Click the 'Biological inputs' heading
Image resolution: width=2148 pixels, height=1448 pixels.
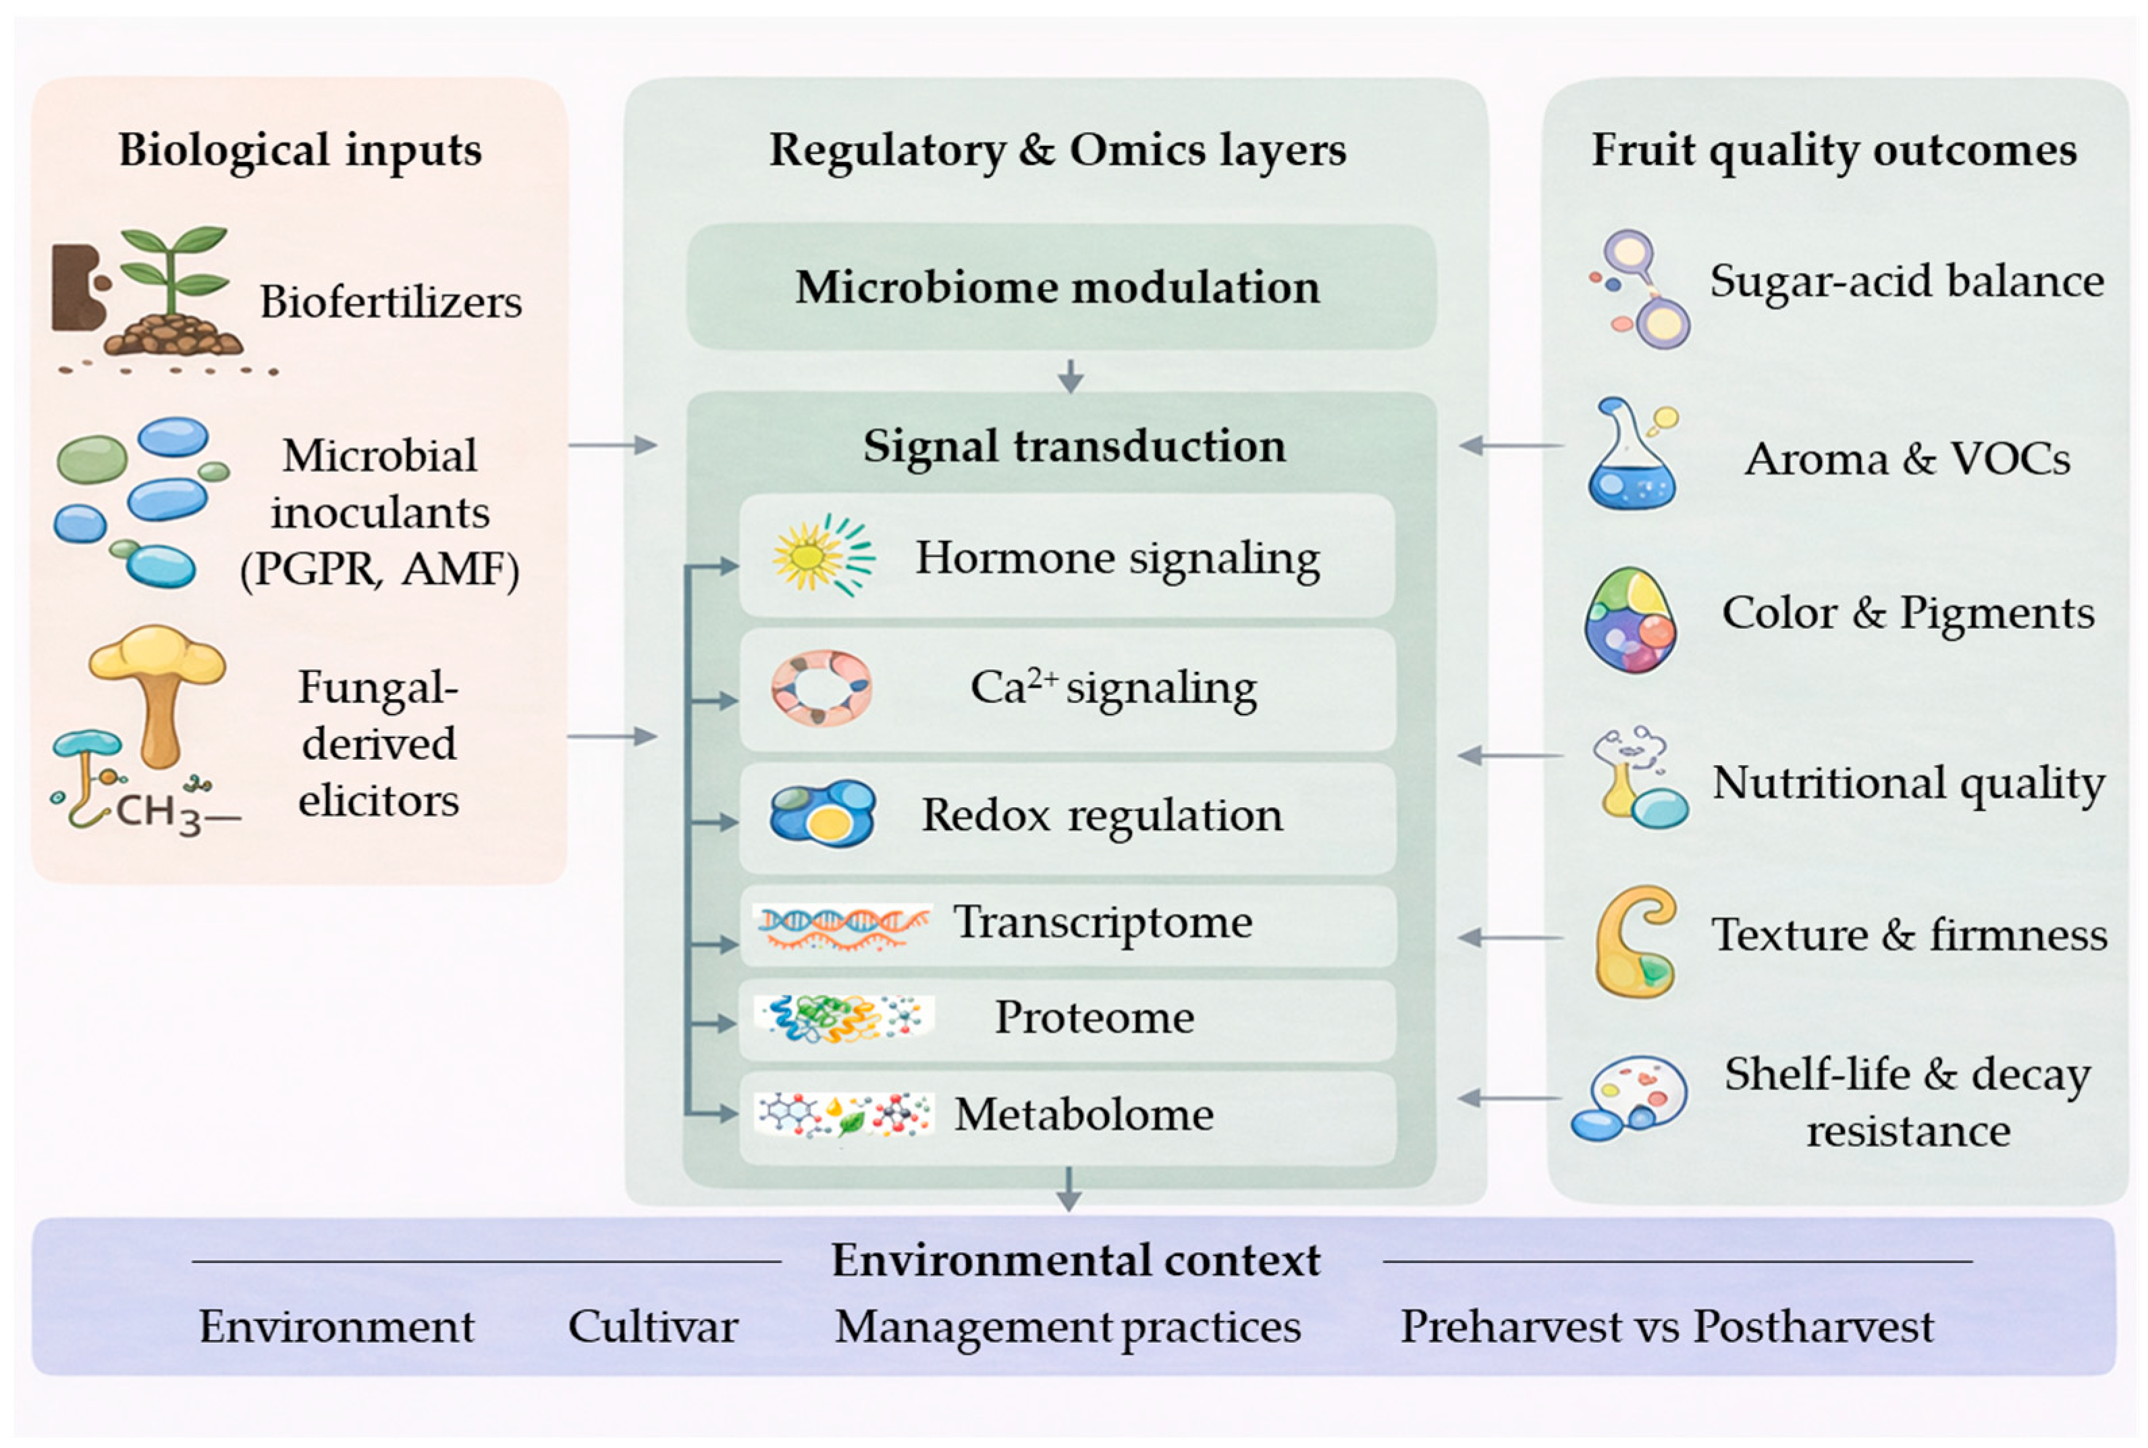[x=300, y=150]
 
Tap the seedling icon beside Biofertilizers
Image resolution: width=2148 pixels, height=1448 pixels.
[x=173, y=291]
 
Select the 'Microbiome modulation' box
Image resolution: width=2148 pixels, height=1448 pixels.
[x=1060, y=286]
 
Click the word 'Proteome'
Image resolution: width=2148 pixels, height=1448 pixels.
[x=1094, y=1018]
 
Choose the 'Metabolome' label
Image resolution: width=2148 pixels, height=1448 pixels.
[x=1083, y=1114]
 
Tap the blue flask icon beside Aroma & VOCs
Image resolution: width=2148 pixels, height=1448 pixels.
[x=1631, y=455]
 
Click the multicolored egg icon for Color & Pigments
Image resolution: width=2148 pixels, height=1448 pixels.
[x=1631, y=619]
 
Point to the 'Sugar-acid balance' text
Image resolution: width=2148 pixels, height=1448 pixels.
[x=1907, y=281]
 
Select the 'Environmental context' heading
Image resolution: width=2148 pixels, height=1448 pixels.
[x=1076, y=1260]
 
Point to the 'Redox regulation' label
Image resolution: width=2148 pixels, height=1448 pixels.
[x=1102, y=815]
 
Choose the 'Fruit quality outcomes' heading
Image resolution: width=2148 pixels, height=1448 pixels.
[x=1835, y=150]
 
